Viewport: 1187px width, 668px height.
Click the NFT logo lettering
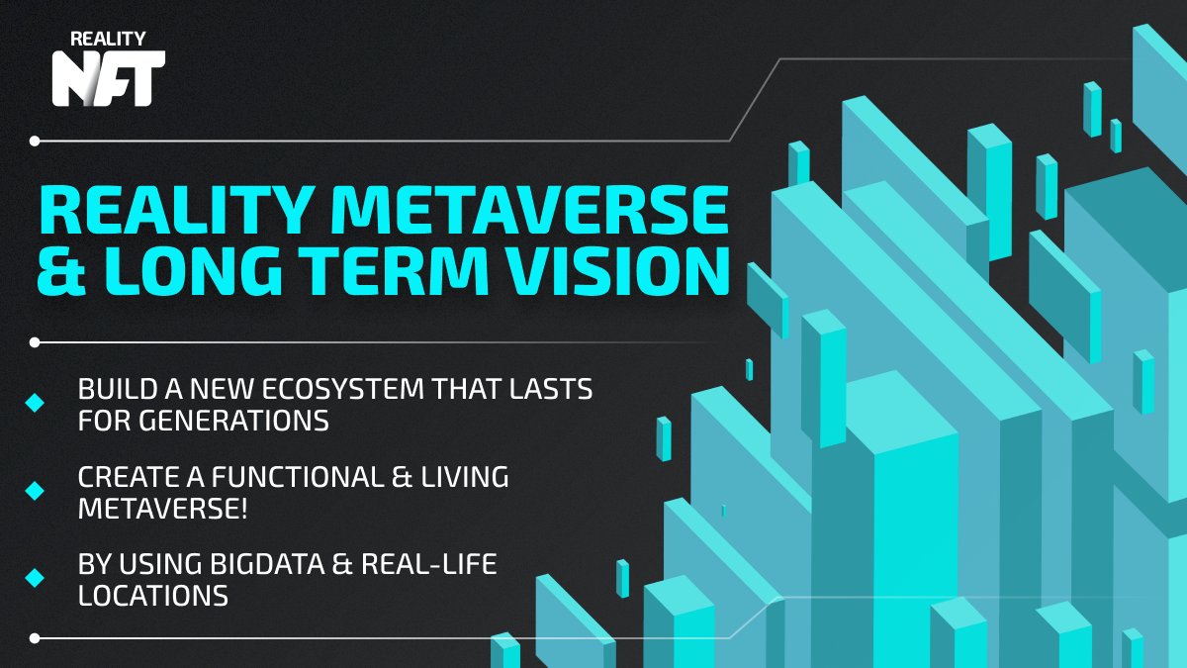pos(109,78)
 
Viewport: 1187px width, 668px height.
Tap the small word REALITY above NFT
pos(108,39)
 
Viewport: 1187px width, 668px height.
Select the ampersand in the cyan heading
pos(61,270)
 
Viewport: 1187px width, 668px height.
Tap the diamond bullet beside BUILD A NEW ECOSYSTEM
pos(35,403)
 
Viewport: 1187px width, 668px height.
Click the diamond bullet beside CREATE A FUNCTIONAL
pos(35,491)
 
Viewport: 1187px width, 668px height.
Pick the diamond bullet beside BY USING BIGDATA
pos(35,578)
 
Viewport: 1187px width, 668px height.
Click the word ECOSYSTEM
pos(343,389)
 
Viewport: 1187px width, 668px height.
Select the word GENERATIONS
pos(234,421)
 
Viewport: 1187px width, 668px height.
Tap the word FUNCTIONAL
pos(298,477)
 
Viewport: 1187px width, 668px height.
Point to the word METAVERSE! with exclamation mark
pos(162,509)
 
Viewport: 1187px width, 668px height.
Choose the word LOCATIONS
pos(153,596)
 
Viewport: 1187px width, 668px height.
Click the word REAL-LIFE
pos(429,563)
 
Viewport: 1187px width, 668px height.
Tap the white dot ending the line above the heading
pos(35,141)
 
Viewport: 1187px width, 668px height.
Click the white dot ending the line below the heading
pos(35,342)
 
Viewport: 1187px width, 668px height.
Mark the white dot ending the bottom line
pos(35,638)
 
